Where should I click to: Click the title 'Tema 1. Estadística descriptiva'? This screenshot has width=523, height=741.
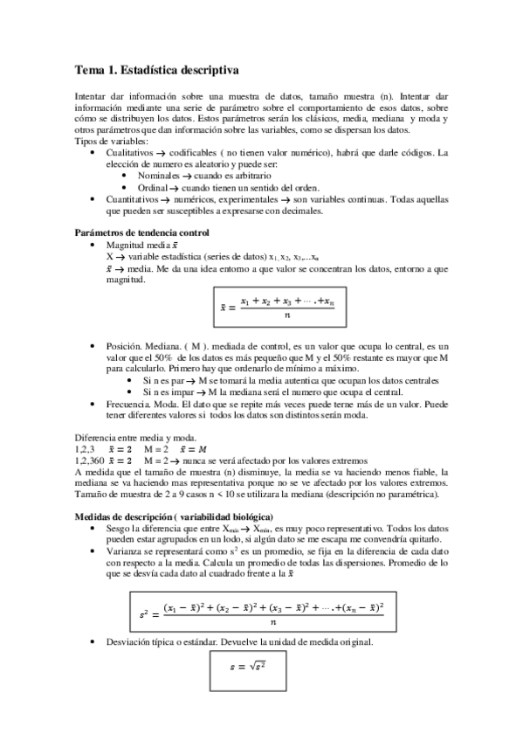tap(156, 68)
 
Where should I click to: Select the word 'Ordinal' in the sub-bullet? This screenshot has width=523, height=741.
tap(152, 187)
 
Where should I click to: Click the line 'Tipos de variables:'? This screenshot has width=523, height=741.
tap(111, 141)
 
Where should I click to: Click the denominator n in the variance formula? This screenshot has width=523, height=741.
tap(273, 623)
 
